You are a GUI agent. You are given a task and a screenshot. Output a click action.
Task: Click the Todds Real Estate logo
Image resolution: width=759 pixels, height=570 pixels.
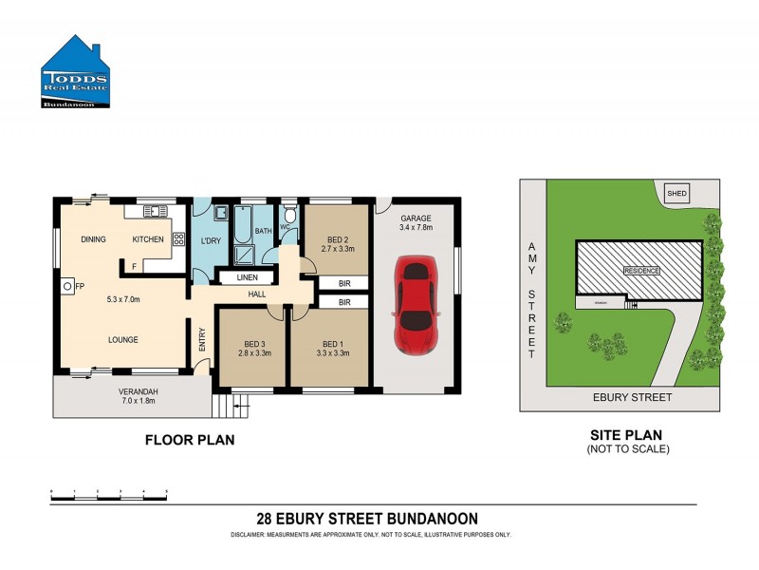coord(76,73)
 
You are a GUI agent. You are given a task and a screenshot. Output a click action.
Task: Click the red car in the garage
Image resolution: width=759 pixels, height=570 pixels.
coord(418,305)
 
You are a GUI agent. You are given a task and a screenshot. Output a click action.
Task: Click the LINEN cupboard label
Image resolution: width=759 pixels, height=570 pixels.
coord(247,277)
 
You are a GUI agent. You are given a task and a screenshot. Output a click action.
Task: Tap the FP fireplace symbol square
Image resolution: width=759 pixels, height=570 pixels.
coord(68,285)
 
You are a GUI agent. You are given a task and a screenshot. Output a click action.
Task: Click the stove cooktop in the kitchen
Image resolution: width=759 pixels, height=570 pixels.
coord(177,239)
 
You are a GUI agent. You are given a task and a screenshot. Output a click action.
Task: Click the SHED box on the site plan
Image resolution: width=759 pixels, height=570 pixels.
coord(677,193)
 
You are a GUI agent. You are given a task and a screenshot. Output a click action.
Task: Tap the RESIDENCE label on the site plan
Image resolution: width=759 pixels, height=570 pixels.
coord(641,271)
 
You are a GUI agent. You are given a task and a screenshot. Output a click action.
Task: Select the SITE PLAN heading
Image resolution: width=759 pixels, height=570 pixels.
coord(627,435)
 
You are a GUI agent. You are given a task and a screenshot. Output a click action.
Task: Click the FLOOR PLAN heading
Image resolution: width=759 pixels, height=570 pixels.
coord(190,440)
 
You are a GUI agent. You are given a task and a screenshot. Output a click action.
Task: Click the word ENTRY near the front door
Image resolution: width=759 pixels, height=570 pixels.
coord(201,340)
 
